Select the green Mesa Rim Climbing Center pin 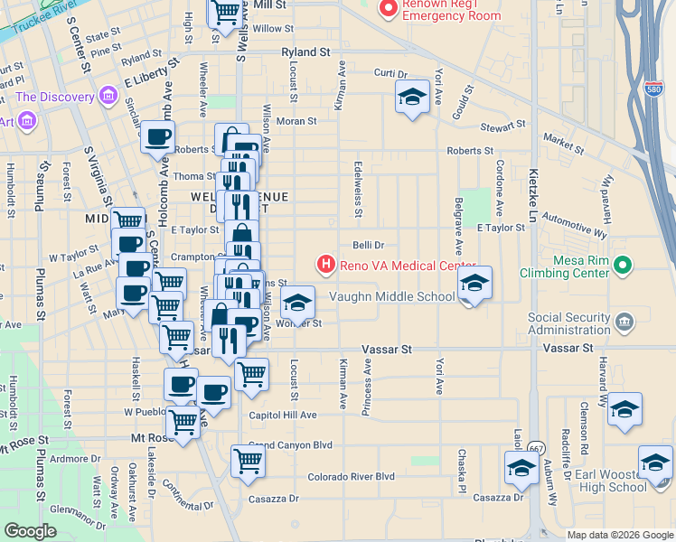622,265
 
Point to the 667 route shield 537,447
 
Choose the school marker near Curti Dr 412,98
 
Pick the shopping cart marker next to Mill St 226,12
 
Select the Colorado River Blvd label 351,476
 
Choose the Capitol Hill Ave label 283,416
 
